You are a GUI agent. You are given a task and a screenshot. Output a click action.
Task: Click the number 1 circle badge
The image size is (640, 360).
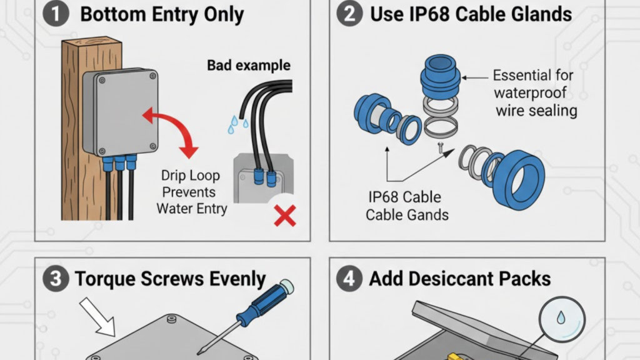pyautogui.click(x=57, y=14)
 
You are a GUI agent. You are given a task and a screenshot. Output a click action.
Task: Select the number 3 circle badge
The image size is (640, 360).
pyautogui.click(x=57, y=279)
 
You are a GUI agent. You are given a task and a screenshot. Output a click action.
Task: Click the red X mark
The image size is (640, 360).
pyautogui.click(x=285, y=217)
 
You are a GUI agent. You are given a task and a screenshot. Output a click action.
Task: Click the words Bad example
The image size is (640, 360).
pyautogui.click(x=249, y=65)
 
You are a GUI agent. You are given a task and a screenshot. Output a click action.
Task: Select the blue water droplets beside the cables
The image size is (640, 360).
pyautogui.click(x=234, y=124)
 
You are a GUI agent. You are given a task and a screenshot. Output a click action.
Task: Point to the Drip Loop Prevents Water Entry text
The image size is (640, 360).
pyautogui.click(x=192, y=192)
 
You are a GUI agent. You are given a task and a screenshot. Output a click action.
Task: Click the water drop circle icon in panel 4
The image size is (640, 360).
pyautogui.click(x=560, y=319)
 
